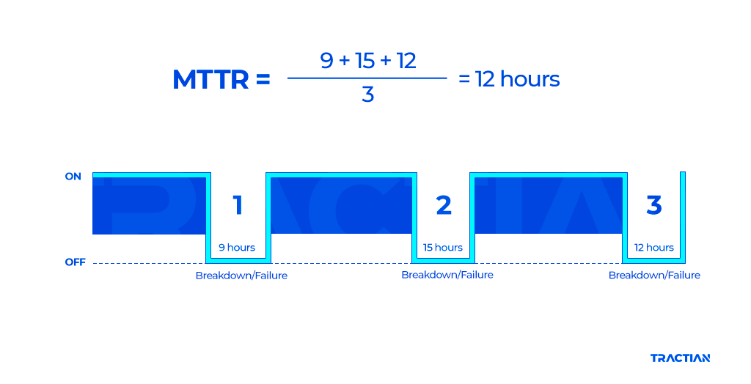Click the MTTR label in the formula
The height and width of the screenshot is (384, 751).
tap(210, 80)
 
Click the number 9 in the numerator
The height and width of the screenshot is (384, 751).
tap(327, 61)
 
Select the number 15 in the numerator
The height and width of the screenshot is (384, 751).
tap(364, 61)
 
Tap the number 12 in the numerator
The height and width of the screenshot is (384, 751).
tap(406, 61)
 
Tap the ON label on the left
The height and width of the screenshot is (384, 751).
tap(73, 177)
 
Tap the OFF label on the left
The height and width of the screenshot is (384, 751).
tap(75, 262)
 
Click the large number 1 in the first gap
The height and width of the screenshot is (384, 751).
tap(238, 206)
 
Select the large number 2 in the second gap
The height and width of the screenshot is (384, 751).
tap(444, 206)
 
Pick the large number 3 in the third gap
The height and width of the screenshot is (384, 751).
tap(653, 206)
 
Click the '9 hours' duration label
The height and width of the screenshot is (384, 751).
tap(237, 248)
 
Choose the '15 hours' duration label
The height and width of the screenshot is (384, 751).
tap(443, 248)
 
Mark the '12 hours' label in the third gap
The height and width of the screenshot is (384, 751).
tap(654, 248)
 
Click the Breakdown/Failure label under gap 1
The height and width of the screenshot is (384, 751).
tap(241, 276)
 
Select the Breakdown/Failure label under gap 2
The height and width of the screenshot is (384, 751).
tap(447, 275)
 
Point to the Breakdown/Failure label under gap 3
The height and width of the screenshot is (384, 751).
tap(654, 276)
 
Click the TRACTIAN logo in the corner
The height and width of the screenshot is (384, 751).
tap(680, 358)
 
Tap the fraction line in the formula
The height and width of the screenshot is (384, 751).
tap(367, 78)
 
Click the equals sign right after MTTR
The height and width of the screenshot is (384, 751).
tap(263, 80)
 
